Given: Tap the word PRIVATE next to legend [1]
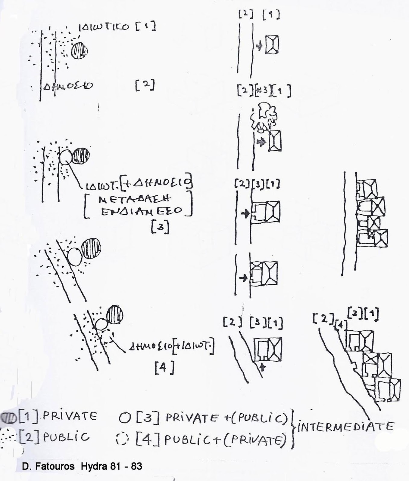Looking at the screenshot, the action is (70, 416).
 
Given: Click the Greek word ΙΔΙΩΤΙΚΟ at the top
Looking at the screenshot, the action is (104, 27).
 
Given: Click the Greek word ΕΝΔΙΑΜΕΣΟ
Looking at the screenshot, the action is (142, 211).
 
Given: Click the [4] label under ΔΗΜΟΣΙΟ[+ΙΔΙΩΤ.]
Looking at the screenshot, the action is (164, 368).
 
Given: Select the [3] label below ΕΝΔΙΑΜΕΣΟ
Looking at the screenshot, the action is (160, 228).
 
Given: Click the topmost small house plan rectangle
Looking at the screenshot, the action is (272, 44).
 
